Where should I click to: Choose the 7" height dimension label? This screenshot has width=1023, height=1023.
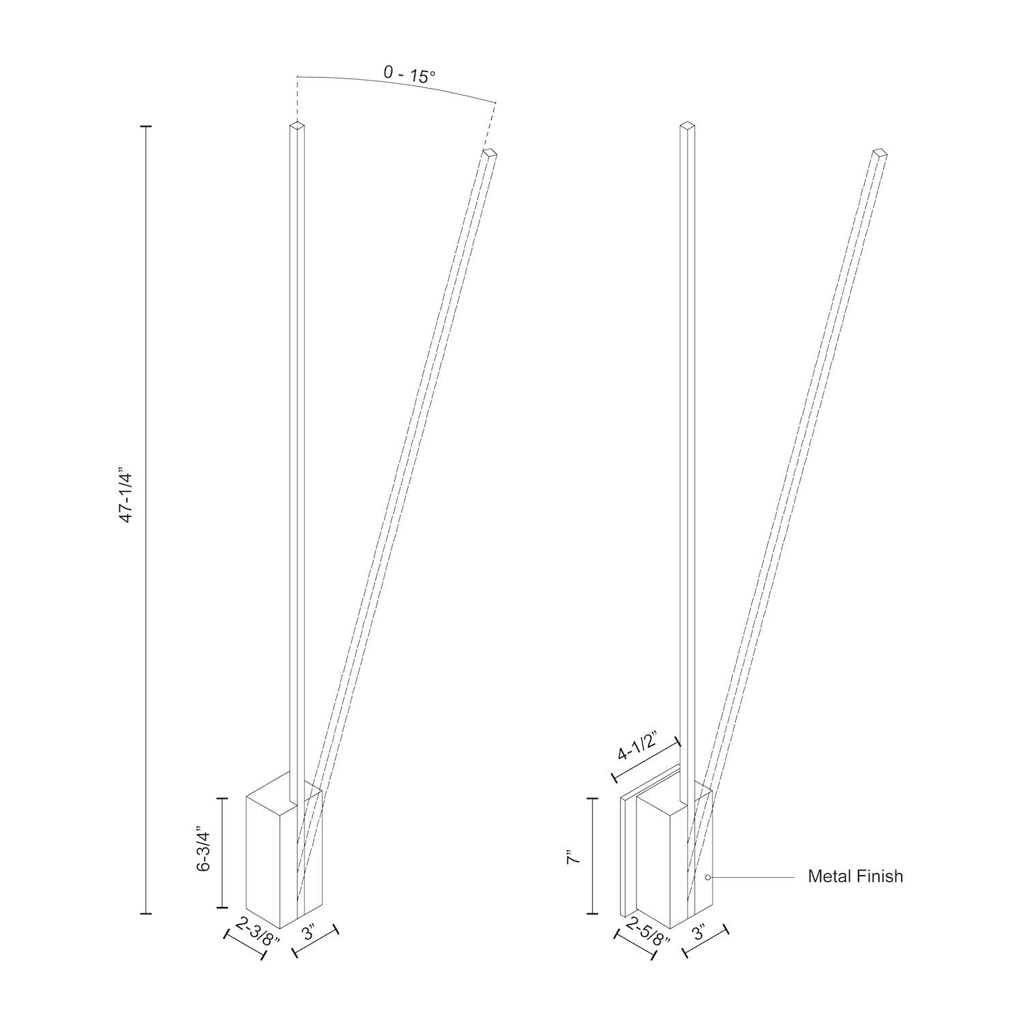574,857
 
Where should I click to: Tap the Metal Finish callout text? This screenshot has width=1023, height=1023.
855,876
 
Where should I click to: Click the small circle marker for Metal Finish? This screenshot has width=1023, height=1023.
708,877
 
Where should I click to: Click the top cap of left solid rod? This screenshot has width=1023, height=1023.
297,125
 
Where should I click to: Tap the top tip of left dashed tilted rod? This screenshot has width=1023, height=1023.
489,153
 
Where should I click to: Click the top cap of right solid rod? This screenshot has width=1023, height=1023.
687,125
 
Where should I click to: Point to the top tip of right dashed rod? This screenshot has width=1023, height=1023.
880,153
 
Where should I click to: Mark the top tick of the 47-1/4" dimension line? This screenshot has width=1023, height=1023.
145,127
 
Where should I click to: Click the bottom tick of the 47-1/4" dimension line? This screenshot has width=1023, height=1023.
145,913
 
